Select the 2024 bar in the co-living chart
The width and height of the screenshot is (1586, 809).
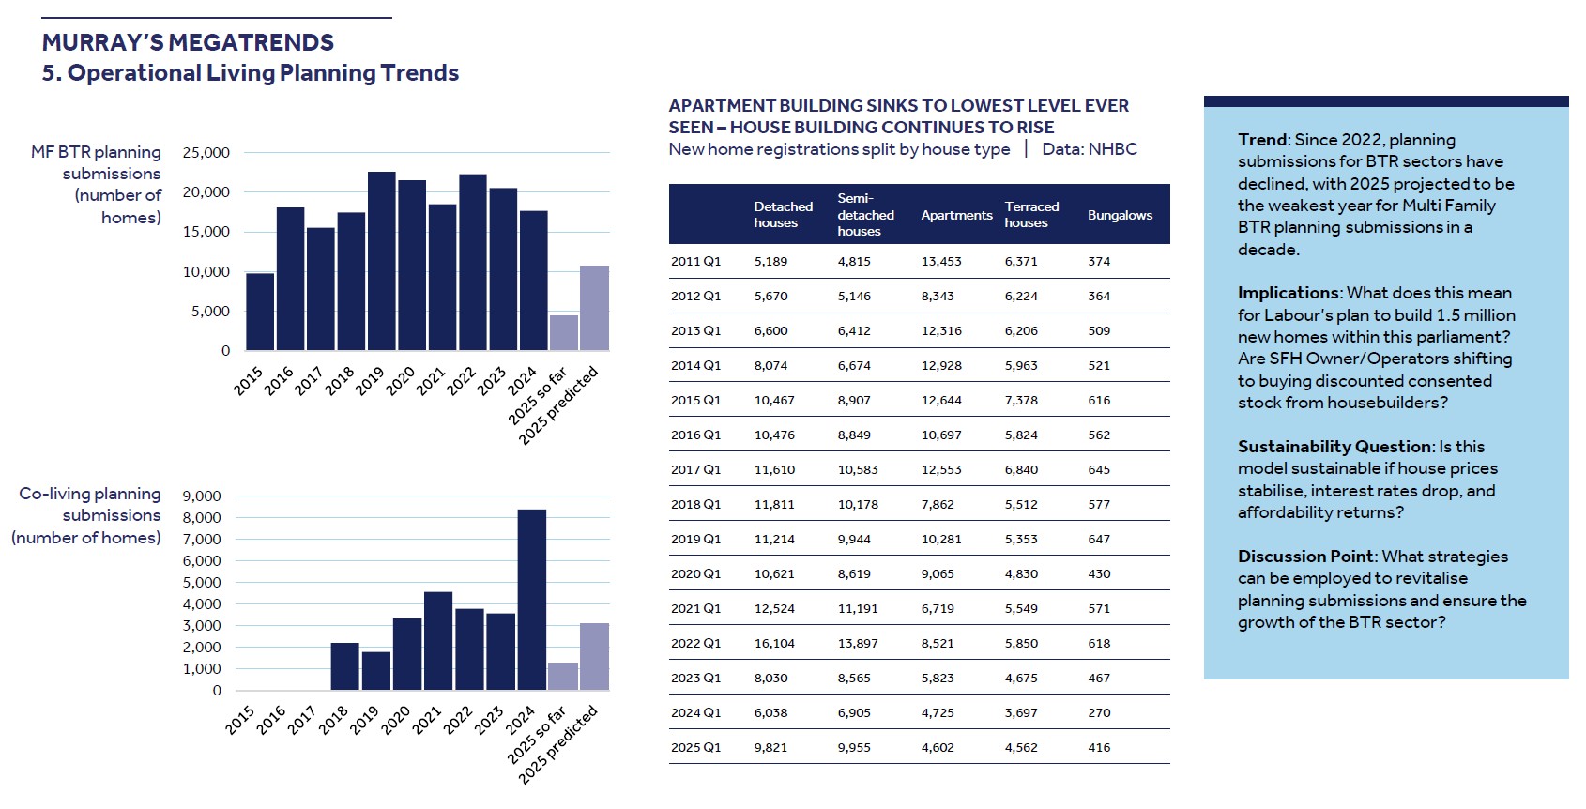(x=532, y=600)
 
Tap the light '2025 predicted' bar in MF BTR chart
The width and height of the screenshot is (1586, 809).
(x=594, y=308)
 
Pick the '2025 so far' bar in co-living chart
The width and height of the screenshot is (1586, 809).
(x=563, y=676)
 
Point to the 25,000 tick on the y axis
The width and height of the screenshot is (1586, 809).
(x=206, y=152)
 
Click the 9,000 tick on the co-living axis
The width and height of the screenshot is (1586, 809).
(x=202, y=496)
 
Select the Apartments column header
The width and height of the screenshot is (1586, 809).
(x=956, y=215)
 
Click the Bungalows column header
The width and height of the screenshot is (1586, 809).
(x=1120, y=215)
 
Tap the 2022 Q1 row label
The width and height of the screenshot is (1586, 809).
(x=695, y=643)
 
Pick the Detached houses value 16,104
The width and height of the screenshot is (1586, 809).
(x=774, y=643)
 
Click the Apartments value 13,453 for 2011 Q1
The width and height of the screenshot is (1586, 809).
(x=941, y=261)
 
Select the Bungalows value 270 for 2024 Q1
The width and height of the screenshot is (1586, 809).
(x=1099, y=712)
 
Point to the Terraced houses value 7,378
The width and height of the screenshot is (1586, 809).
(x=1021, y=400)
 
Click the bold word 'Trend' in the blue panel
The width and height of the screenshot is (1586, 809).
(x=1262, y=140)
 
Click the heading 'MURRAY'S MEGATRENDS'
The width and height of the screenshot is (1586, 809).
(x=188, y=42)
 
